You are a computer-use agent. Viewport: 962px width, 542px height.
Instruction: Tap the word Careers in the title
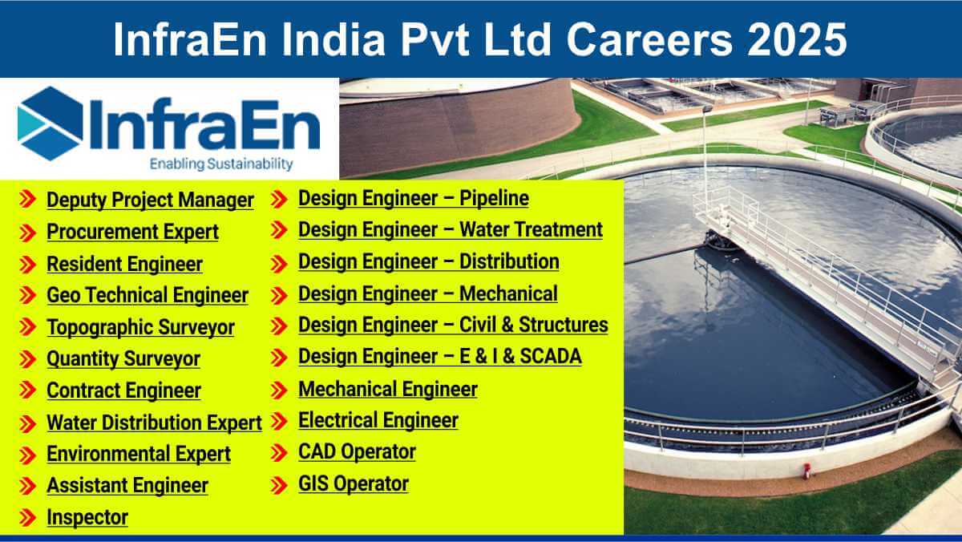(x=650, y=39)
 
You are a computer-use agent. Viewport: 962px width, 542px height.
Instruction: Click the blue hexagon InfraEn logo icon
(x=51, y=123)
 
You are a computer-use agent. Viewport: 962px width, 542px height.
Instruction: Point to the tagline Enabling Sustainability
(x=221, y=164)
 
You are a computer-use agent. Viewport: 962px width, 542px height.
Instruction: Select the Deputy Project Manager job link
(x=151, y=200)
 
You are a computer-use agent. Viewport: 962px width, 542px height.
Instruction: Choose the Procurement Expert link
(x=133, y=232)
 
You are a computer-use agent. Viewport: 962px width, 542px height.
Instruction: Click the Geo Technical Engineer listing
(x=148, y=295)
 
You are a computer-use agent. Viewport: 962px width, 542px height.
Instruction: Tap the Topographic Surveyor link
(x=140, y=327)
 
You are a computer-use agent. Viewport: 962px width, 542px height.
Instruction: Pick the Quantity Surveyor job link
(x=123, y=359)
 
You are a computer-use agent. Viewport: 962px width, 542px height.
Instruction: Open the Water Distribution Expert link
(x=154, y=423)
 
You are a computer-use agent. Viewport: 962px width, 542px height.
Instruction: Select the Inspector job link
(x=87, y=517)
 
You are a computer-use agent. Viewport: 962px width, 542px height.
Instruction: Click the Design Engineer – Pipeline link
(x=414, y=198)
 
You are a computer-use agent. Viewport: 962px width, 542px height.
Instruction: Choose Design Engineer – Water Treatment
(x=451, y=230)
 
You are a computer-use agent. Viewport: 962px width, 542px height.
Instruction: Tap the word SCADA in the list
(x=551, y=357)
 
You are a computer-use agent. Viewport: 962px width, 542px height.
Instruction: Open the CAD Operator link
(x=357, y=452)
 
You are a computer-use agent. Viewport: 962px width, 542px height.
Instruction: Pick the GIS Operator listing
(x=354, y=483)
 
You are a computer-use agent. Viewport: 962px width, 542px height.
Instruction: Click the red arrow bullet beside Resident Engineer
(x=28, y=265)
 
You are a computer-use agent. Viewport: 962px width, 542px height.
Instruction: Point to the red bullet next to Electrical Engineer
(x=279, y=421)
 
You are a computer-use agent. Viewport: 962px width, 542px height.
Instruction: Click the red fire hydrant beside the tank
(x=807, y=471)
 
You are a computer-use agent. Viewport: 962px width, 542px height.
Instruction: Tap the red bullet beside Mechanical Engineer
(x=279, y=390)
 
